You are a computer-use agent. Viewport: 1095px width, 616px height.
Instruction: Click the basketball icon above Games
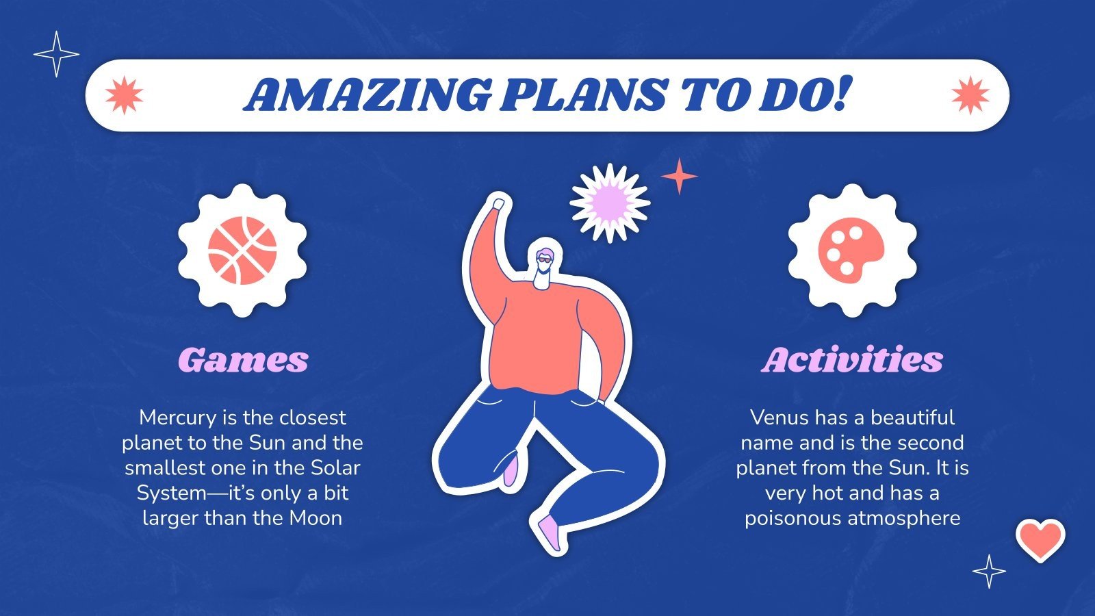(242, 250)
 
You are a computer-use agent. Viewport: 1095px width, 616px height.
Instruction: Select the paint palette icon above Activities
(851, 250)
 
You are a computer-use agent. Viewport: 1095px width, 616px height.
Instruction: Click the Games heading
(243, 360)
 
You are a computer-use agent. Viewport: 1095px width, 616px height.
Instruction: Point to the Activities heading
(852, 360)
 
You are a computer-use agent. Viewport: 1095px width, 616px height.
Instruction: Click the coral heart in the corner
(1040, 539)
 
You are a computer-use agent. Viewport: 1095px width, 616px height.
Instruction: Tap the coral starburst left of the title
(124, 95)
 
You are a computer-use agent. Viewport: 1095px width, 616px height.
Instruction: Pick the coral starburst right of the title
(970, 95)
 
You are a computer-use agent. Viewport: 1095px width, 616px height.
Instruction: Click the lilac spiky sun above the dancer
(609, 203)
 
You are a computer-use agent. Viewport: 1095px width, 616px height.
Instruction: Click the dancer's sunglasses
(544, 259)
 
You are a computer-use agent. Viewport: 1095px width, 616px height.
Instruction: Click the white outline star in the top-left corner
(56, 54)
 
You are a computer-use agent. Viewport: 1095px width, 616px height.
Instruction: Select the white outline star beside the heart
(989, 571)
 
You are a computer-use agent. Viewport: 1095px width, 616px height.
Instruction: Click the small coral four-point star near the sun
(679, 176)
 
